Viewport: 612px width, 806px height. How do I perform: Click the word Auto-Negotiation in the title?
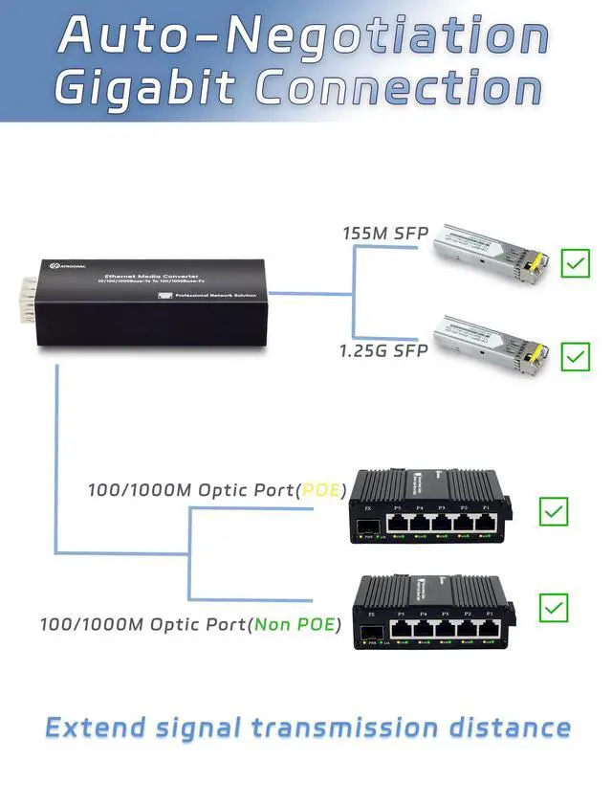click(303, 36)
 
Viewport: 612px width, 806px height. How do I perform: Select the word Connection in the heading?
click(399, 88)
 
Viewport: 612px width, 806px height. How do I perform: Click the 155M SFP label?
click(385, 234)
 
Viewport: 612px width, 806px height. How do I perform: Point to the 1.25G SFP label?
click(383, 350)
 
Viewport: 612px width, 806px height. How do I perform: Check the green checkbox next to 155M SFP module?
click(576, 263)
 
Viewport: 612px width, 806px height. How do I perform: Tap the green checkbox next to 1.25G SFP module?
click(576, 356)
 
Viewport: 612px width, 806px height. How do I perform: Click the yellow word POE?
click(320, 490)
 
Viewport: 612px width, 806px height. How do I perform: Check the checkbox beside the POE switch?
click(554, 511)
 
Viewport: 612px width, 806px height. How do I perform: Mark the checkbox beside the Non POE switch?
click(554, 607)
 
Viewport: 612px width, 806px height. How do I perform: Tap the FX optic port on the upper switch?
click(371, 525)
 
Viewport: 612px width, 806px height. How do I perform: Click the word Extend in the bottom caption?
click(97, 728)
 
